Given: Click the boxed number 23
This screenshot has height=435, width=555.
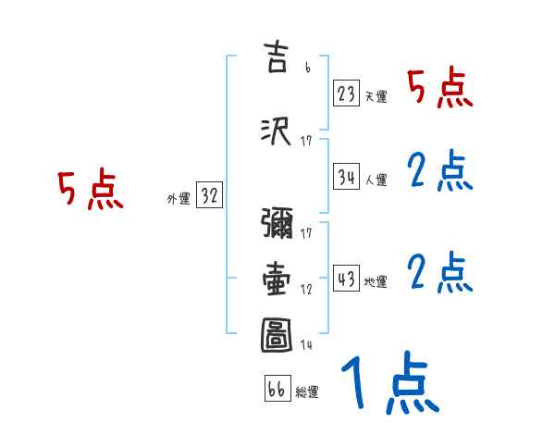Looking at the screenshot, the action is (347, 94).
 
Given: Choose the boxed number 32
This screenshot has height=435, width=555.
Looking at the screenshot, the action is (209, 196).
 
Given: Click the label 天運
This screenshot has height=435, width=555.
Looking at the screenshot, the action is (376, 96).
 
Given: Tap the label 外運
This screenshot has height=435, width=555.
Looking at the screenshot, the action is (178, 198).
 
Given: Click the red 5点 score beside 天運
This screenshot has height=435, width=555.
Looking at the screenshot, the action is (440, 90).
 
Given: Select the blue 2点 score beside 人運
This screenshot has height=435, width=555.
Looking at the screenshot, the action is (440, 171).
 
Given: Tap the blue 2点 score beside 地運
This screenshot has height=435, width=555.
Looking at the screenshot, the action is (440, 273).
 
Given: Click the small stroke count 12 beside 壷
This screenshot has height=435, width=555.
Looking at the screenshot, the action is (306, 290).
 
